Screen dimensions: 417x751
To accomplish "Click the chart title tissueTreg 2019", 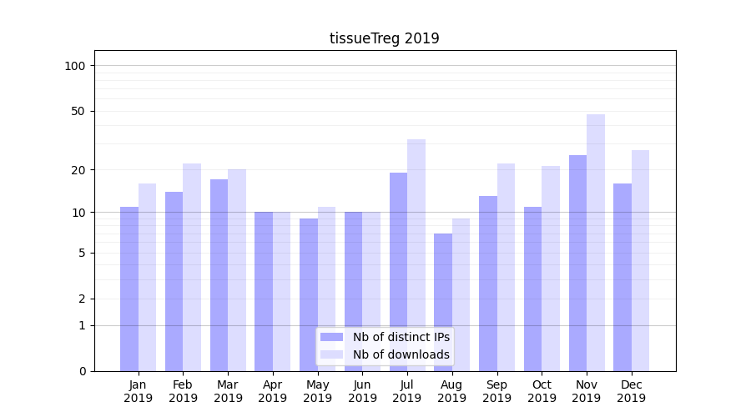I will pos(384,38).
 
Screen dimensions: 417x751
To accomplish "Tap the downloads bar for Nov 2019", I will pos(596,242).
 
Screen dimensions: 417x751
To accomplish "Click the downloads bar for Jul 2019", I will pos(416,254).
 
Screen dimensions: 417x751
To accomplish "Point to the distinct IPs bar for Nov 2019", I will pos(577,263).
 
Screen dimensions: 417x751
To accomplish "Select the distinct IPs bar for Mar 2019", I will pos(219,275).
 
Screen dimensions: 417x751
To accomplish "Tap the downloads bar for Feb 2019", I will pos(192,267).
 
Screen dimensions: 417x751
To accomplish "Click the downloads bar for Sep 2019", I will pos(506,267).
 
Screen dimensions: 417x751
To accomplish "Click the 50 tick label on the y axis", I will pos(78,111).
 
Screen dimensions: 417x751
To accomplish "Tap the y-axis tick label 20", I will pos(78,170).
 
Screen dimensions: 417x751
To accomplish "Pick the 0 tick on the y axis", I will pos(82,371).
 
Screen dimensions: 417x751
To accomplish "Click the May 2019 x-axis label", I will pos(318,391).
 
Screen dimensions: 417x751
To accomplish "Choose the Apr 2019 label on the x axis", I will pos(273,391).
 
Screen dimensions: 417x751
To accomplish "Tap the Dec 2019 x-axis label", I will pos(631,391).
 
